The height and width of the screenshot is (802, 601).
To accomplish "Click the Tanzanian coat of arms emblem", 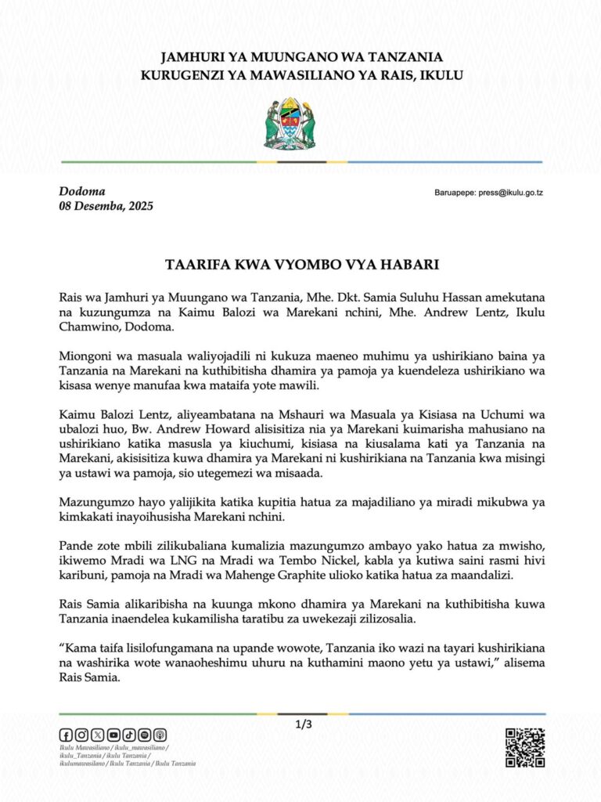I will (289, 124).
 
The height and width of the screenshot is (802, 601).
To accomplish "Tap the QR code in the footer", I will (525, 746).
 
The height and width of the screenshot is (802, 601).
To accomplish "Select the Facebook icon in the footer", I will (66, 735).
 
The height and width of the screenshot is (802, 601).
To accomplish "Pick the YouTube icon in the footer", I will (113, 735).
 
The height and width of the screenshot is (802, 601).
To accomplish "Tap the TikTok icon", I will (129, 735).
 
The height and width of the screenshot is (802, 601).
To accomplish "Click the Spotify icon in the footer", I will (145, 735).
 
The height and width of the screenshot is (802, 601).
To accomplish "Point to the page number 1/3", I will (304, 724).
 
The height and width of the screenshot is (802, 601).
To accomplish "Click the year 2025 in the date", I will (137, 207).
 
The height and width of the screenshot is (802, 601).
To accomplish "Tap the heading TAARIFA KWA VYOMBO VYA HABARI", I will (300, 265).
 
